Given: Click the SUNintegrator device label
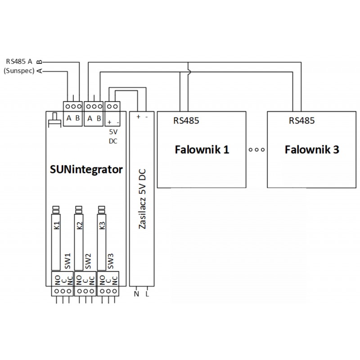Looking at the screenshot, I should click(85, 170).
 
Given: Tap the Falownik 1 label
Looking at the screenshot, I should click(202, 150).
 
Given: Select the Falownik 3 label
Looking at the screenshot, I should click(312, 150).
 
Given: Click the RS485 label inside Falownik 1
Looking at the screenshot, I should click(186, 121).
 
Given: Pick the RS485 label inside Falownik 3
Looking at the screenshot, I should click(301, 121).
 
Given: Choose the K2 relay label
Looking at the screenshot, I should click(80, 226).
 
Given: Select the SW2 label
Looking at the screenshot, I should click(88, 261).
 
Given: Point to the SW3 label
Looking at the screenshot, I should click(111, 261).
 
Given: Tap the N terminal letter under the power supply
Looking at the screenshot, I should click(136, 294).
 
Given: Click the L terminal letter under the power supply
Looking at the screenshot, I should click(147, 294).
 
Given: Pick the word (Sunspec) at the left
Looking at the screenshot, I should click(19, 71).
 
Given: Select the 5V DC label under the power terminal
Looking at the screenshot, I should click(113, 136).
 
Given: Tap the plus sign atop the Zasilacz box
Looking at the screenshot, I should click(138, 116).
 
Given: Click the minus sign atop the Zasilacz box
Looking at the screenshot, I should click(147, 116).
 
